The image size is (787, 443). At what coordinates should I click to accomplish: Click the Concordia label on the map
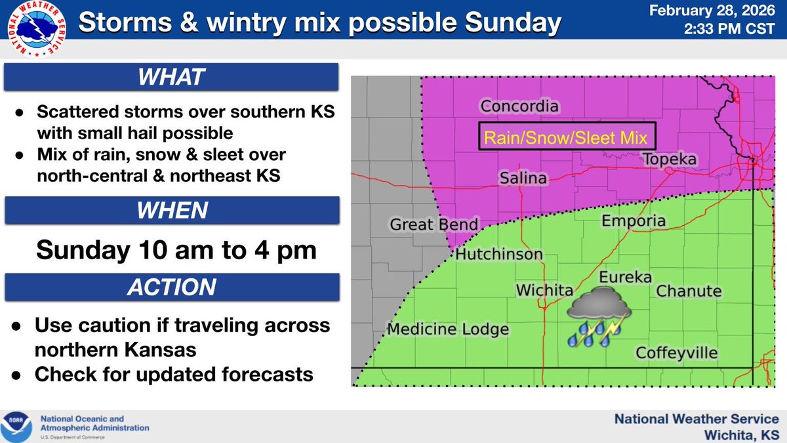coord(519,106)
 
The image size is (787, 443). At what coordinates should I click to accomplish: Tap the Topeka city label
coord(669,159)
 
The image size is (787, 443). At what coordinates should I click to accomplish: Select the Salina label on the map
coord(524,178)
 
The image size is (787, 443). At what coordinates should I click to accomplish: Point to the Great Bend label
coord(434,224)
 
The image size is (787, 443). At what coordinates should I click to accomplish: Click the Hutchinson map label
coord(499,254)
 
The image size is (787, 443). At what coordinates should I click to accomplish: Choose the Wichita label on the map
coord(544,290)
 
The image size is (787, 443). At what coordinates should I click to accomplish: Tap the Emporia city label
coord(633,221)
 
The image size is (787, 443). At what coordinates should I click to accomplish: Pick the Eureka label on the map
coord(626,277)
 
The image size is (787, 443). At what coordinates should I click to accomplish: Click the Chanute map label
coord(689,291)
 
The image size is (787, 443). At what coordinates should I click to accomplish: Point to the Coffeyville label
coord(677,353)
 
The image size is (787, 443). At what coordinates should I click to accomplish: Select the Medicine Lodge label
coord(448,329)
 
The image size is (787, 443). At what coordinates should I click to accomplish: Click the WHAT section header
coord(171,78)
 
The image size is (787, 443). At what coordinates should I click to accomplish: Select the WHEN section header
coord(171,211)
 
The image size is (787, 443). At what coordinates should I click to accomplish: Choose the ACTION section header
coord(171,287)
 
